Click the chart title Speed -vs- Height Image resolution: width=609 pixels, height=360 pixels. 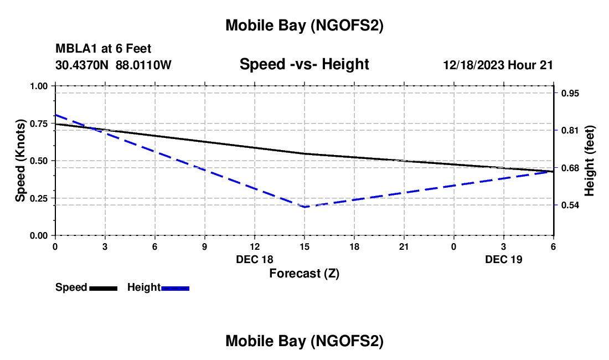point(304,65)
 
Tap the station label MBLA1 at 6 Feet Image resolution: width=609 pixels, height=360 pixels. point(103,49)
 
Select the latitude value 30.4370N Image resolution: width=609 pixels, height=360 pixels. point(82,65)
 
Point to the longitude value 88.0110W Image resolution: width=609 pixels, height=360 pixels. point(144,65)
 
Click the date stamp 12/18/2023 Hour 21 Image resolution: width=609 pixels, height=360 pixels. point(498,65)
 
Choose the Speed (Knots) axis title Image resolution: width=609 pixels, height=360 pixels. point(20,161)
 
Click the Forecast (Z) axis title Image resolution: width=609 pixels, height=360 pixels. point(304,273)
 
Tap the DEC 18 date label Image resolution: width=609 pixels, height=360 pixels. point(255,259)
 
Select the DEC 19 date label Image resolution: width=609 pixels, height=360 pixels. point(504,259)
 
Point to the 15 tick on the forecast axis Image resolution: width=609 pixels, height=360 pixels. point(304,246)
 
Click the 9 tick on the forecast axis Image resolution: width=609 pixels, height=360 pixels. point(205,246)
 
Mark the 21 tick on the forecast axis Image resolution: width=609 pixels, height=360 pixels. point(404,246)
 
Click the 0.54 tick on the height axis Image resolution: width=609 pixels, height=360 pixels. point(570,205)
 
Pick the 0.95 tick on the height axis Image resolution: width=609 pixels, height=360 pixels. point(570,94)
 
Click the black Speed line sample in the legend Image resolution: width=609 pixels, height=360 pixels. point(103,288)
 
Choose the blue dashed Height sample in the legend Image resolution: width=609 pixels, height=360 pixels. point(176,288)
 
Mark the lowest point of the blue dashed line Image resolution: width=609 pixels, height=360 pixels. point(304,207)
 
